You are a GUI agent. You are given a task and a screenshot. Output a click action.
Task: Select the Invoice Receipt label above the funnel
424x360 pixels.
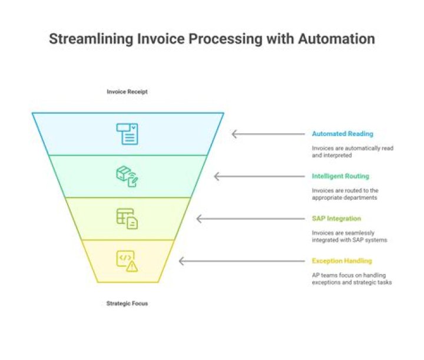click(x=127, y=92)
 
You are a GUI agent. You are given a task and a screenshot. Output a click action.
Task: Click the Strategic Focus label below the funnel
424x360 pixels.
click(x=127, y=303)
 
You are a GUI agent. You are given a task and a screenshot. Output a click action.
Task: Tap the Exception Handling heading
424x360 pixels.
click(x=342, y=261)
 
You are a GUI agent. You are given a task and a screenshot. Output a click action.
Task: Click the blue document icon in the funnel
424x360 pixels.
click(x=127, y=134)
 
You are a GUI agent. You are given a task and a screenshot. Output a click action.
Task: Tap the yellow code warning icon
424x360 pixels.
click(x=127, y=260)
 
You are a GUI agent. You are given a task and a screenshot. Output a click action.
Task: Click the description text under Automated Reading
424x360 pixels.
click(x=352, y=151)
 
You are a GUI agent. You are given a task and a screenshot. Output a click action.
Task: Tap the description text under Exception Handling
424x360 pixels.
click(x=352, y=279)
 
